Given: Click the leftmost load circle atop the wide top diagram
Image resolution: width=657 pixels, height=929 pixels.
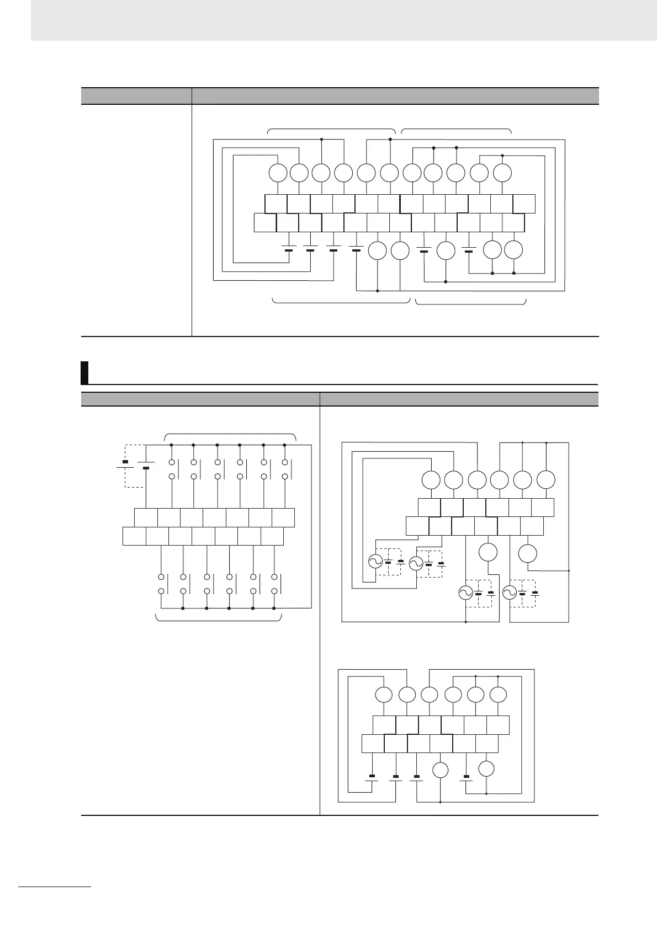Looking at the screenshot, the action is tap(278, 173).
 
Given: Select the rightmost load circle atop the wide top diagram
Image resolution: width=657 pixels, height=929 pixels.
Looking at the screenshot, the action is tap(502, 173).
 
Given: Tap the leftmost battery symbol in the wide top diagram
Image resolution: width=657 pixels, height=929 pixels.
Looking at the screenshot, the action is tap(288, 248).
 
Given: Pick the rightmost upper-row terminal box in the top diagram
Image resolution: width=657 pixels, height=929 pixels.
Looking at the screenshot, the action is tap(524, 204).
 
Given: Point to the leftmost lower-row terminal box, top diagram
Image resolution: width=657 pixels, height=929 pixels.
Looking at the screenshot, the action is tap(264, 222).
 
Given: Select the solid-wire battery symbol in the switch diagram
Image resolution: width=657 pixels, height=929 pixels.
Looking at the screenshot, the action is tap(146, 465).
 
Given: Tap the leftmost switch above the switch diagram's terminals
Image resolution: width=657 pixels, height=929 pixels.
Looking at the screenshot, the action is tap(172, 469).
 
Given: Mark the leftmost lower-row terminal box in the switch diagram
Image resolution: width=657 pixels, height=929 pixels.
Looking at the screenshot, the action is tap(134, 536).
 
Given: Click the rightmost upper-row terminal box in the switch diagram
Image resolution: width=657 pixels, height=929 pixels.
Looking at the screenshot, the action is tap(283, 518).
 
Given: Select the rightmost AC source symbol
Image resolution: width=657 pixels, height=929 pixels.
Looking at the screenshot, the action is tap(509, 593).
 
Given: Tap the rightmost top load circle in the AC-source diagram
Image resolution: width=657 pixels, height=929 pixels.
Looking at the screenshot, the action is tap(546, 479).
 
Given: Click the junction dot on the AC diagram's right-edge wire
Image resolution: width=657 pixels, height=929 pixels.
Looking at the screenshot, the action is tap(569, 570).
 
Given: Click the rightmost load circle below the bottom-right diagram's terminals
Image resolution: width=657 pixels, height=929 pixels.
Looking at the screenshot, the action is tap(486, 768).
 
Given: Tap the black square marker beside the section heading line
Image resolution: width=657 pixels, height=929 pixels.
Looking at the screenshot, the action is tap(84, 372).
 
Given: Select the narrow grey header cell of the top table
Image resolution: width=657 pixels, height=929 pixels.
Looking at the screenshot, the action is tap(136, 95).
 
